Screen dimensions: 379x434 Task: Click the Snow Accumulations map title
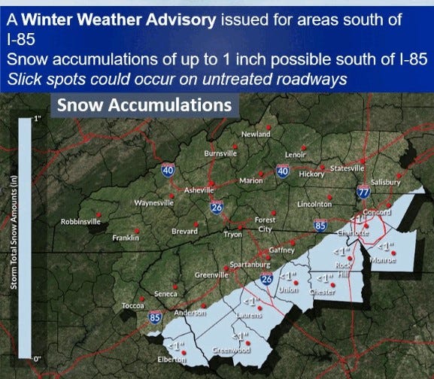[145, 105]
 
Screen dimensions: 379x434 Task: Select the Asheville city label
[199, 191]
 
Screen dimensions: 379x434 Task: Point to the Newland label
[255, 134]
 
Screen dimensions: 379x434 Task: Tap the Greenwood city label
[230, 350]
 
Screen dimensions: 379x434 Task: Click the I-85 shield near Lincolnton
[320, 224]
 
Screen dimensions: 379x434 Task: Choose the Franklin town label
[126, 238]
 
